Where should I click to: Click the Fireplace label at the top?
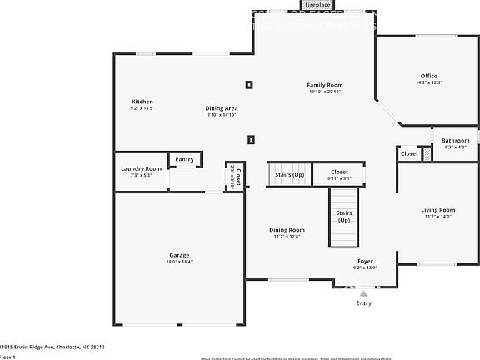coord(317,5)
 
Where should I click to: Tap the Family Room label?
coord(325,85)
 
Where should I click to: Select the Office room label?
coord(428,76)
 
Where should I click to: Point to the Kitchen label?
coord(142,101)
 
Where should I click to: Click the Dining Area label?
coord(222,108)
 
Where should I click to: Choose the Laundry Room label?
coord(141,168)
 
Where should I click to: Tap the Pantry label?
coord(184,159)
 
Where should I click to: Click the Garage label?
coord(179,255)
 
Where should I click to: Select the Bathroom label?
coord(455,140)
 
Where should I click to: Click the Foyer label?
coord(365,260)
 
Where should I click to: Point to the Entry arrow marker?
coord(363,292)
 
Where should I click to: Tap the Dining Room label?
coord(287,229)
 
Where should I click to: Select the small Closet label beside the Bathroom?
coord(409,153)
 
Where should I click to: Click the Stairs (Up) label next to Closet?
coord(287,175)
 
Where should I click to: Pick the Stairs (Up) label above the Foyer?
coord(343,217)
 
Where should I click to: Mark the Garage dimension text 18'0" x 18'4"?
coord(179,262)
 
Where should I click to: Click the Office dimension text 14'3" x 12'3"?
coord(428,82)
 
